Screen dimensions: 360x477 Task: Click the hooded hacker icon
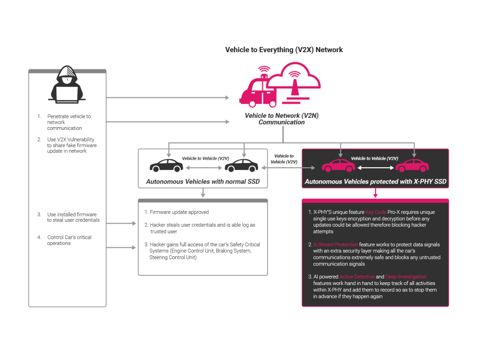67,84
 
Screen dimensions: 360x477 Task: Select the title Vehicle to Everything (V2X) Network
284,50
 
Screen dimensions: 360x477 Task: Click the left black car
166,165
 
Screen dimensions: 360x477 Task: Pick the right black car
241,165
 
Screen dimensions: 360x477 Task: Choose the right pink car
412,165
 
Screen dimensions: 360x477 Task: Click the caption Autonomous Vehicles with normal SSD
203,182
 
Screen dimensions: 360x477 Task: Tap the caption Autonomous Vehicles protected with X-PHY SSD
375,182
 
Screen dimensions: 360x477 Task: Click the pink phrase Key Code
376,212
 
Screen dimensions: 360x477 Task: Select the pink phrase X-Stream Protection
335,245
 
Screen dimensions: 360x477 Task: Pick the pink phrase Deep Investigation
405,277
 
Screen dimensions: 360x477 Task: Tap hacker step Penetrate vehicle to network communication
69,122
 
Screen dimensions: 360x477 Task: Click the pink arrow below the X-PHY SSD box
375,193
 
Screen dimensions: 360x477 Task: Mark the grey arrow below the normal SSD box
203,193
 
